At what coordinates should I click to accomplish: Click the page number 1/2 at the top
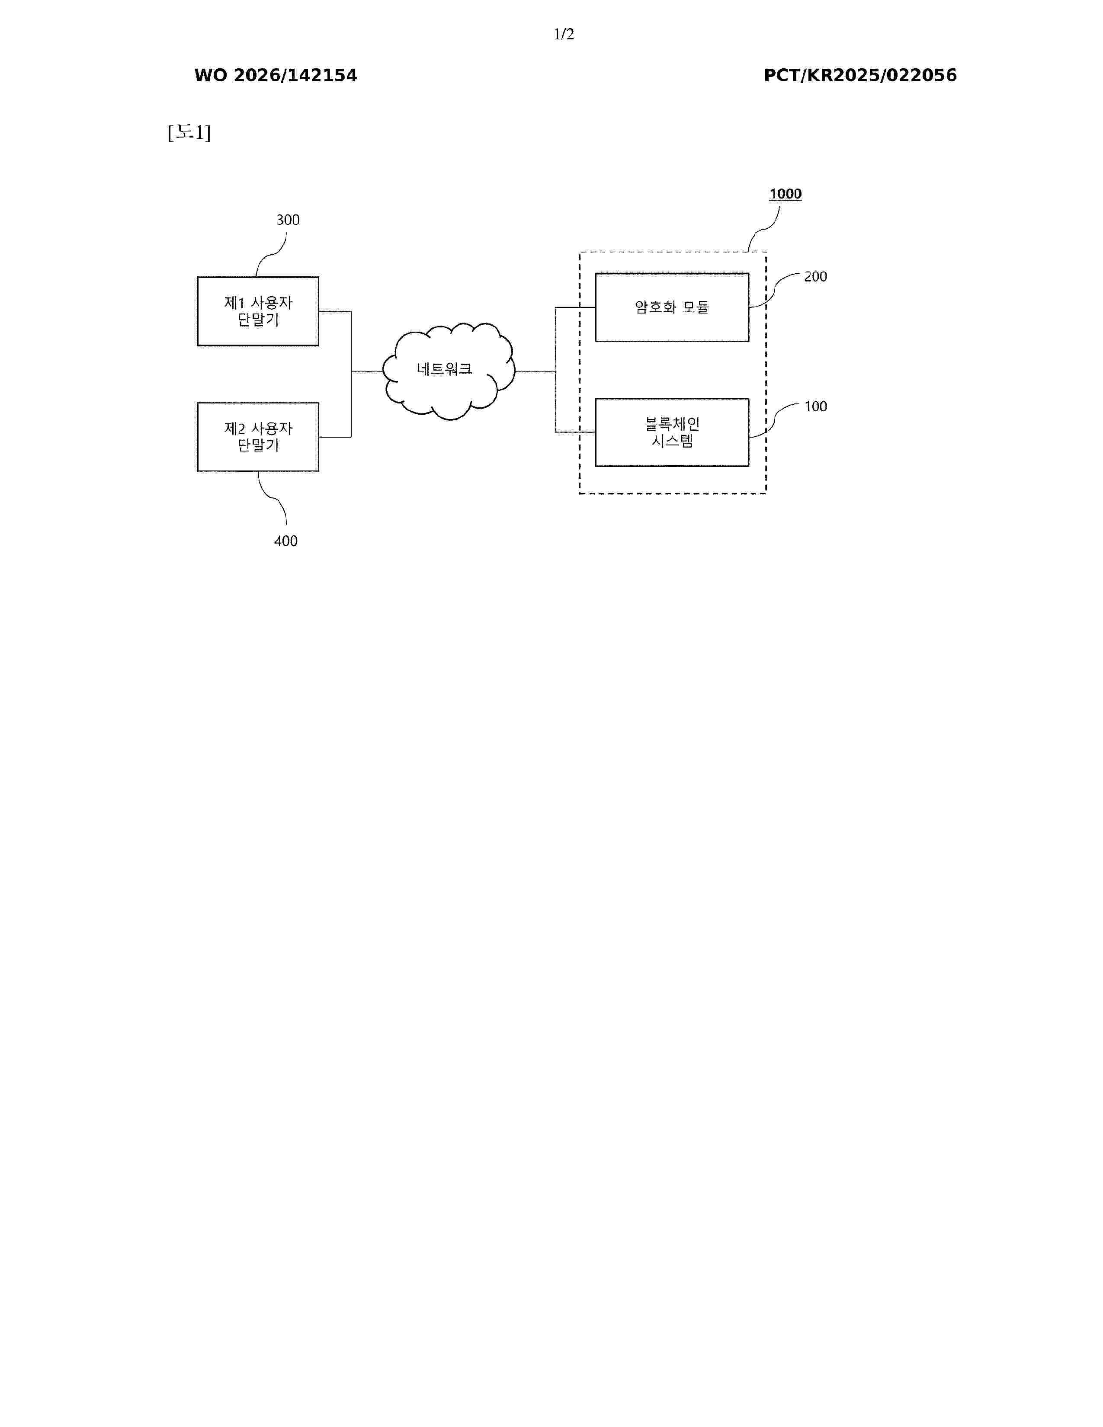tap(563, 34)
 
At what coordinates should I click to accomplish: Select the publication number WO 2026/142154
tap(276, 76)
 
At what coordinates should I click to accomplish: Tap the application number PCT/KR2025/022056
tap(860, 76)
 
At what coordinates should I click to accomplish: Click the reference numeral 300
tap(288, 220)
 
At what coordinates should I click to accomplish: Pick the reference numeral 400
tap(285, 541)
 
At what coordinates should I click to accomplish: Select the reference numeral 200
tap(815, 277)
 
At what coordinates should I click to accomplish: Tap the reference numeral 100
tap(815, 406)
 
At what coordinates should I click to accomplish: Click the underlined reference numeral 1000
tap(786, 194)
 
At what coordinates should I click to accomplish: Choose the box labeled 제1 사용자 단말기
tap(258, 311)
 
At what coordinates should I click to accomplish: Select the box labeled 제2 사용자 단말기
tap(258, 437)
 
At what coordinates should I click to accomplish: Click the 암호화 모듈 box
tap(672, 307)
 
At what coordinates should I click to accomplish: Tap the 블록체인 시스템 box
tap(672, 432)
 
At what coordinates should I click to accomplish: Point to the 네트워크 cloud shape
tap(448, 371)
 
